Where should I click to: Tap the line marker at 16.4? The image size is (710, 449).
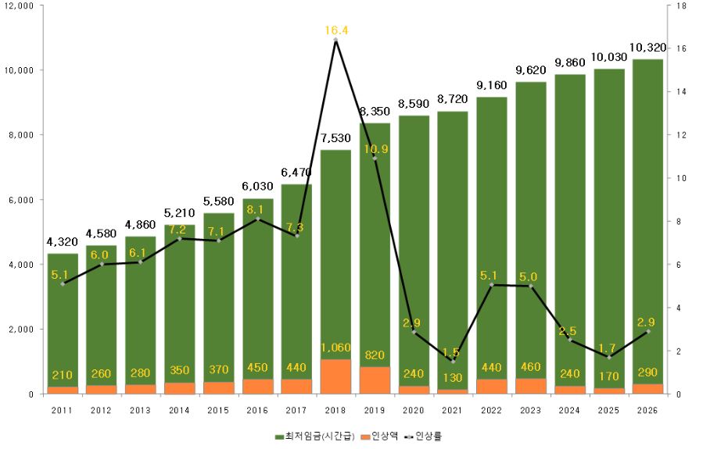(335, 40)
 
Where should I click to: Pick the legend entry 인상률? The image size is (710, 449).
(429, 435)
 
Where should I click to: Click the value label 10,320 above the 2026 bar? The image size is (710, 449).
(647, 48)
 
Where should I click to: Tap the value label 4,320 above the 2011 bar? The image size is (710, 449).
(63, 242)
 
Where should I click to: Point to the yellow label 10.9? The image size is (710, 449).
(375, 149)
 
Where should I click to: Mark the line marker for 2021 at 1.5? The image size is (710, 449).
(453, 362)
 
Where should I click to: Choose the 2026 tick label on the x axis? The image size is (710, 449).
(647, 409)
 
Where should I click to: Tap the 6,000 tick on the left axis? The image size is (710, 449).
(22, 200)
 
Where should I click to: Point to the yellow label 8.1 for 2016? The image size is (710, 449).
(258, 208)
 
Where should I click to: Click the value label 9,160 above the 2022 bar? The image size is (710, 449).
(492, 85)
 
